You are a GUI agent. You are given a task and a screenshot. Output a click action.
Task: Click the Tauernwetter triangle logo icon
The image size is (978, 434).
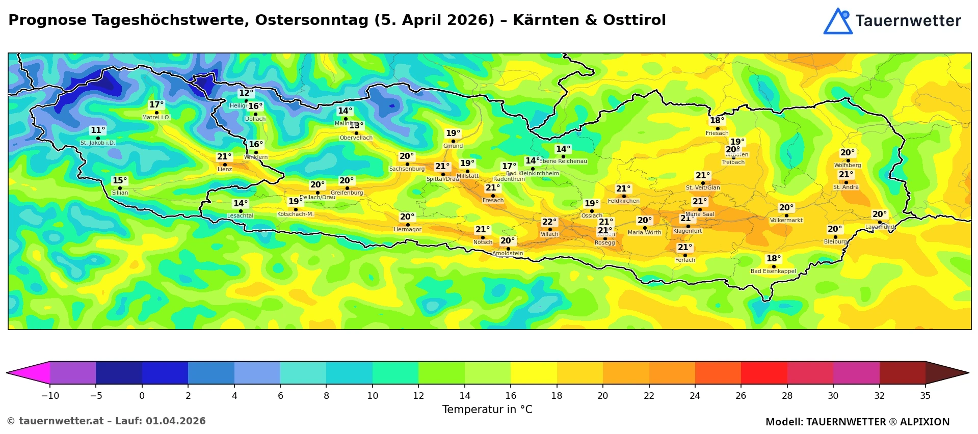tap(837, 21)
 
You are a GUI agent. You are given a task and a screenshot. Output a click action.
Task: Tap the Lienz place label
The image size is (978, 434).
tap(225, 170)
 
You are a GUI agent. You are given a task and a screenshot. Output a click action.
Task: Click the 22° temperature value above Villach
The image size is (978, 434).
tap(549, 222)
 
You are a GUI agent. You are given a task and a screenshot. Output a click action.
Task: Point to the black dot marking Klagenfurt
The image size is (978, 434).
tap(688, 226)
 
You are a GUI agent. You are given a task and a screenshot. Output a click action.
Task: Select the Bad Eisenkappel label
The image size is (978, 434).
tap(773, 272)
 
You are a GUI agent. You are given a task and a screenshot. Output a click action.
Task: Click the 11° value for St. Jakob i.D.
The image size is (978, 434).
tap(98, 130)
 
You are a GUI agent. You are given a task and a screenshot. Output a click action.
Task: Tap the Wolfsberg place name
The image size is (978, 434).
tap(848, 166)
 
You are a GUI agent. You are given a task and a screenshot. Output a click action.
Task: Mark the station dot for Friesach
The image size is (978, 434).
tap(718, 128)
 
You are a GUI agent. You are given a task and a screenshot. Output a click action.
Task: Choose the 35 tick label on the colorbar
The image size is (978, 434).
tap(925, 396)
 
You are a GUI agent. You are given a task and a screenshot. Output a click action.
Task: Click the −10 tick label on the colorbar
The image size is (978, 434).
tap(49, 396)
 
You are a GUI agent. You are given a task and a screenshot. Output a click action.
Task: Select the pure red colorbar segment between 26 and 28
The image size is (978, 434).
tap(764, 373)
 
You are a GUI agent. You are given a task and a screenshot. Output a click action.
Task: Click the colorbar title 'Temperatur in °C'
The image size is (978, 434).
tap(487, 410)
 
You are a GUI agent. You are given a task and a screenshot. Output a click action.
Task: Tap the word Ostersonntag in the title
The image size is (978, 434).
tap(312, 20)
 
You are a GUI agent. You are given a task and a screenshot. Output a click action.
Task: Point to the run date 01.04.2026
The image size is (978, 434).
tap(176, 421)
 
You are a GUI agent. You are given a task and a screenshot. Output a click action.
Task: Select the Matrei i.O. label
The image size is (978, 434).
tap(156, 118)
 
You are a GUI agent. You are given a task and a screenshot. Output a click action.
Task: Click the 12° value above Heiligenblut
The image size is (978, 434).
tap(246, 93)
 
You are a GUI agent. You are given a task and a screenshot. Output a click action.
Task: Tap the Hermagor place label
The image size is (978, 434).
tap(408, 230)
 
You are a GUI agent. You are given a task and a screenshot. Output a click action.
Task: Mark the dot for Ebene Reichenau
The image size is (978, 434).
tap(563, 157)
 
